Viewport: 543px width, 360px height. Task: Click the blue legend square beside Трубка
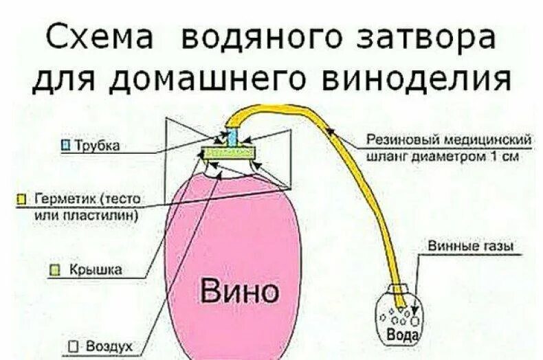pyautogui.click(x=66, y=145)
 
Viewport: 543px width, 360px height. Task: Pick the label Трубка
pyautogui.click(x=96, y=145)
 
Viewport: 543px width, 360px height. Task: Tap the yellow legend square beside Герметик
pyautogui.click(x=21, y=199)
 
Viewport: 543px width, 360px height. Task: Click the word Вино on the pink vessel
pyautogui.click(x=240, y=291)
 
